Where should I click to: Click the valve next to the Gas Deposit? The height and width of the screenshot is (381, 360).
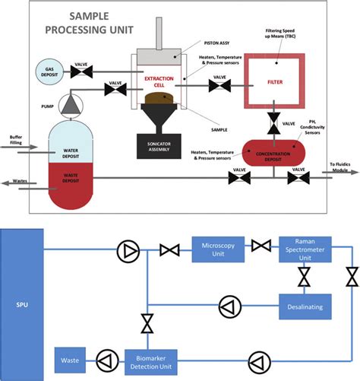pos(81,72)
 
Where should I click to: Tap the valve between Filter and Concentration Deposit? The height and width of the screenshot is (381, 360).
pos(271,122)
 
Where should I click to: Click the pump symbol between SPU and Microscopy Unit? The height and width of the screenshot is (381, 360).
pos(126,249)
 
